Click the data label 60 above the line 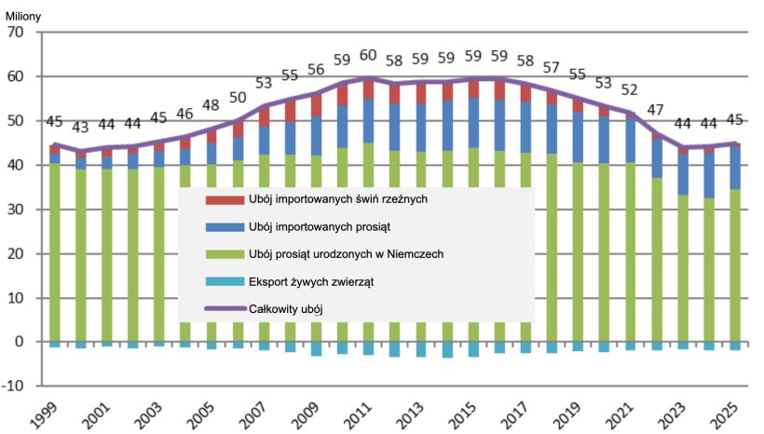368,54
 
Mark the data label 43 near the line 81,127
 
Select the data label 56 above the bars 316,70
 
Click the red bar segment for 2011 368,88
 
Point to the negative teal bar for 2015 473,349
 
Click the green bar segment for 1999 55,251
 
